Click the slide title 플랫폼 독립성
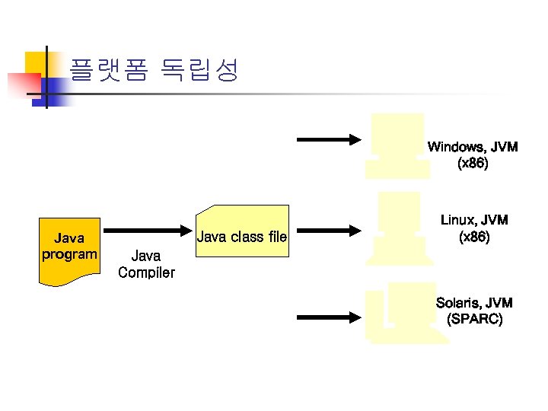point(155,70)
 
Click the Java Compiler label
point(146,264)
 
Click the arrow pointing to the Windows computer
point(327,139)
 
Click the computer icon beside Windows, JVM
point(396,145)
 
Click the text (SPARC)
point(474,320)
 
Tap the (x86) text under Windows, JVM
point(473,163)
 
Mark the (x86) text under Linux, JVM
point(474,237)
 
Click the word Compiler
point(146,272)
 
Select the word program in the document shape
point(68,254)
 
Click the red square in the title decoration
point(23,84)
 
